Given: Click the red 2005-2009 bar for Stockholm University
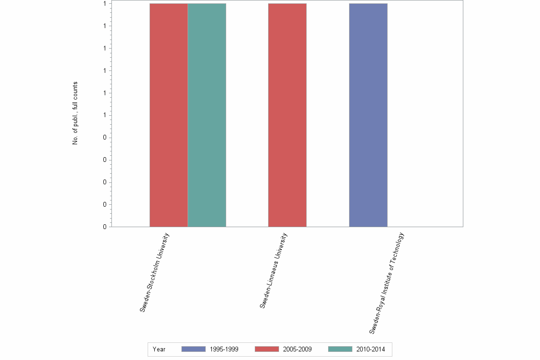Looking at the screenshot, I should (x=169, y=115).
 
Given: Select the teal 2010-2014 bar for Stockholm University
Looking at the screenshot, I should (x=207, y=115).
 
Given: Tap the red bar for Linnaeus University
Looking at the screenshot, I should (x=287, y=115).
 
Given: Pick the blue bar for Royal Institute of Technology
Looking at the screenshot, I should (x=368, y=115).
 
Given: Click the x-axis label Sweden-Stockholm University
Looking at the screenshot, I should (x=155, y=272).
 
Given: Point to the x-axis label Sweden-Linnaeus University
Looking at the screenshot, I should (x=274, y=270).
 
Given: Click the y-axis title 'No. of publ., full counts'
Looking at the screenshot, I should (x=75, y=113).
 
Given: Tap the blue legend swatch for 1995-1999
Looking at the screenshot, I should (x=193, y=349).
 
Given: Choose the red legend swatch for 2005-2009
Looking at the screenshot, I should (x=267, y=349).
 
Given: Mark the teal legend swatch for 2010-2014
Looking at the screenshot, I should (x=340, y=349).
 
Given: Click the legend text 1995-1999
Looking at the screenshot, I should (x=224, y=350).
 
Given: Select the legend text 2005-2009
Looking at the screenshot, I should (x=298, y=350).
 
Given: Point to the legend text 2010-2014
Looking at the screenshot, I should (x=370, y=350).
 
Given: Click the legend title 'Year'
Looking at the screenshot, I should (x=159, y=350).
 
